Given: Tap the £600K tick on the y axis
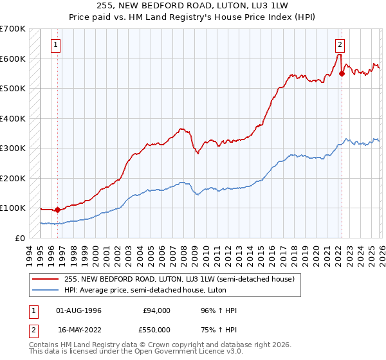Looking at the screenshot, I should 13,59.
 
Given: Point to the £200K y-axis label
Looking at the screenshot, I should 13,178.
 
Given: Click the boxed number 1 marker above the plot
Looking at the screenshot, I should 57,45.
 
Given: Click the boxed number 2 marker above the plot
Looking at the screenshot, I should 339,45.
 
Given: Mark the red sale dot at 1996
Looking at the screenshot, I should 57,209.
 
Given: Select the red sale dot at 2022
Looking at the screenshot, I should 342,73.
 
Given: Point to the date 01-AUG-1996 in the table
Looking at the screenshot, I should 79,310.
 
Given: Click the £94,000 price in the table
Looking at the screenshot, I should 157,310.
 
